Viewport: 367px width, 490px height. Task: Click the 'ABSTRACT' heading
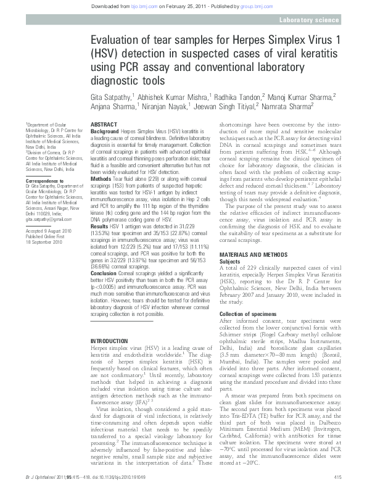pos(104,125)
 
